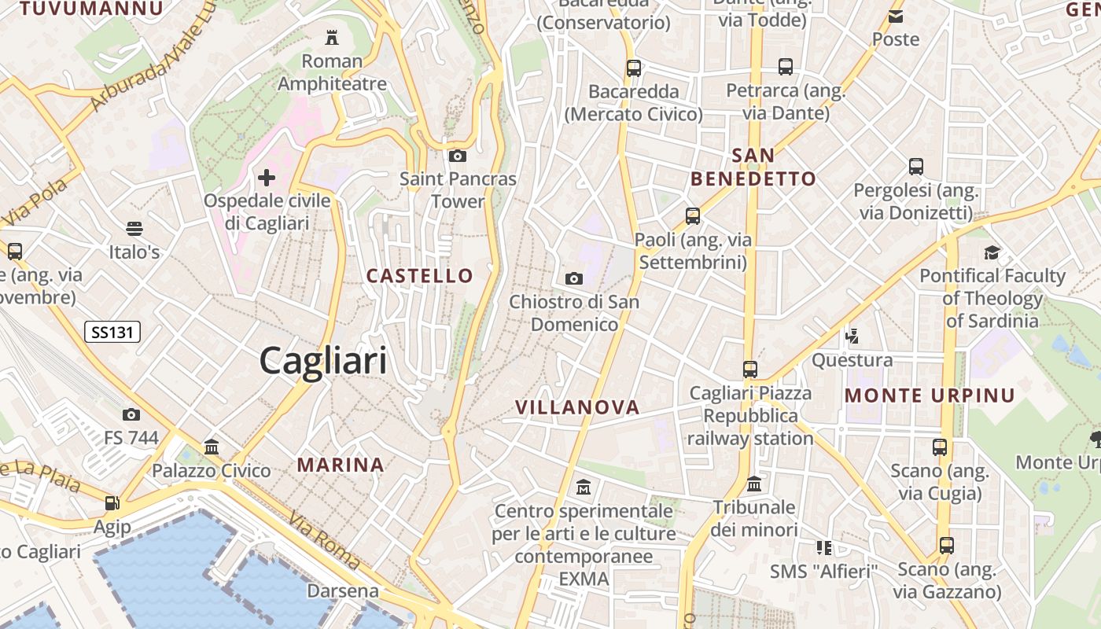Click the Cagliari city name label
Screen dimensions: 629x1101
(x=323, y=361)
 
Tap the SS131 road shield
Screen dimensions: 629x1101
(x=112, y=333)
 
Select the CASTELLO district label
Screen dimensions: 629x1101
(x=420, y=276)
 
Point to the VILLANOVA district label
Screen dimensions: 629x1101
(x=577, y=407)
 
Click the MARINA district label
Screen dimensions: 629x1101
(x=341, y=465)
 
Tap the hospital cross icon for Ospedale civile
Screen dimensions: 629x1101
(x=267, y=177)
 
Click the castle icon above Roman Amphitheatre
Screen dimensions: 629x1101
(x=331, y=37)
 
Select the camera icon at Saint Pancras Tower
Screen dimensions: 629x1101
(x=457, y=156)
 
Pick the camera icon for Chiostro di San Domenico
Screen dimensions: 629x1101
(x=574, y=278)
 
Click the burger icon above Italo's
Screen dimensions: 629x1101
(x=134, y=229)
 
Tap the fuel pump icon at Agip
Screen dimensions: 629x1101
(x=112, y=502)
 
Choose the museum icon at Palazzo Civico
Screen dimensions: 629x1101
(x=212, y=447)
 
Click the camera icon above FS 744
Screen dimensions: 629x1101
(x=131, y=414)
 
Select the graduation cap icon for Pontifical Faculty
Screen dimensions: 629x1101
(x=992, y=252)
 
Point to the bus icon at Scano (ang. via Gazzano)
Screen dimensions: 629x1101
(x=947, y=545)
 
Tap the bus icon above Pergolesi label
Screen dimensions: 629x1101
(x=916, y=167)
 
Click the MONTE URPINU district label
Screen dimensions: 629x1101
(x=930, y=395)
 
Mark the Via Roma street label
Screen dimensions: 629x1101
(x=324, y=541)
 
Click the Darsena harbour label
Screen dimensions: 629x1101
(x=343, y=590)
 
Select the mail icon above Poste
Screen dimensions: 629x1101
(x=896, y=16)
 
